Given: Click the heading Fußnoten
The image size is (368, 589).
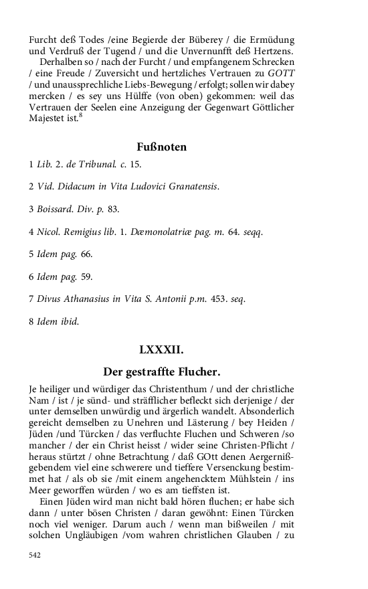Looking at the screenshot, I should [161, 147].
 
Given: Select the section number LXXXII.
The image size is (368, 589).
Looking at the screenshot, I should [161, 349].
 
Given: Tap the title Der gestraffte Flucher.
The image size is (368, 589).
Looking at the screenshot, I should [161, 371].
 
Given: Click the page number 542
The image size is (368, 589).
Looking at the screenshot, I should [35, 555].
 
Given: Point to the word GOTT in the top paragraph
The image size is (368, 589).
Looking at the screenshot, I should [280, 72].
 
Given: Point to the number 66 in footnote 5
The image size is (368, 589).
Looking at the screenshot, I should [86, 254].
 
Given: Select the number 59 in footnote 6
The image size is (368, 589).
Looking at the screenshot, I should [86, 276].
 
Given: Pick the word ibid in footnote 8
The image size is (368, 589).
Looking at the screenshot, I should [70, 322].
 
